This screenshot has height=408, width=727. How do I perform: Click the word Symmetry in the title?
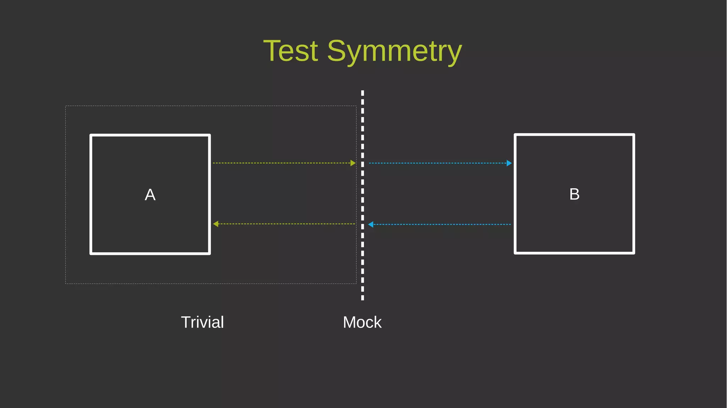point(394,51)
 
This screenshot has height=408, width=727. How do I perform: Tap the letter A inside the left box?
point(150,195)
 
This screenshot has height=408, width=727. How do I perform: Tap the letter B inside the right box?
point(574,194)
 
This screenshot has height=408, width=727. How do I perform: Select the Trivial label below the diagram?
point(202,322)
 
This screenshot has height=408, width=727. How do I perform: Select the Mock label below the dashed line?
point(362,322)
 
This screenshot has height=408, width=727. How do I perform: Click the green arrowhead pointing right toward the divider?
point(353,163)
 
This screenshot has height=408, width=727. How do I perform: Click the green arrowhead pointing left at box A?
point(216,224)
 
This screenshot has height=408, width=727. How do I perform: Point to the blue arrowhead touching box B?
point(509,163)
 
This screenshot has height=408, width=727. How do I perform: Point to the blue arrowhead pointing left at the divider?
point(371,224)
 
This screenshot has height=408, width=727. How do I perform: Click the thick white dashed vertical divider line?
point(362,195)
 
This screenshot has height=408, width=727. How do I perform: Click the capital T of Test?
point(272,51)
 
